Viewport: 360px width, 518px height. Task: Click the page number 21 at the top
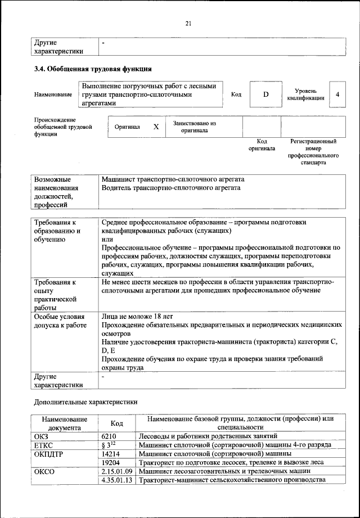click(x=188, y=22)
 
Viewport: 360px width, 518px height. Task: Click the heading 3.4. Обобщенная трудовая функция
click(x=93, y=70)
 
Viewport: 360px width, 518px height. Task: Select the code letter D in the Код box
click(x=265, y=94)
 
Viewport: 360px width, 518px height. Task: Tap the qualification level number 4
click(x=337, y=94)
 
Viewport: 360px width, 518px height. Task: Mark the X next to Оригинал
click(x=156, y=127)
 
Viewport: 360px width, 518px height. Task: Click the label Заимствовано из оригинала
click(x=194, y=127)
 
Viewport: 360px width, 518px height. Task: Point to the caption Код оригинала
click(x=262, y=145)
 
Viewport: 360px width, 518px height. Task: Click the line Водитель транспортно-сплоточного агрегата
click(x=171, y=188)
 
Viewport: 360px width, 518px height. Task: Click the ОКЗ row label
click(x=42, y=436)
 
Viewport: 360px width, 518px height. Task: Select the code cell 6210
click(x=110, y=436)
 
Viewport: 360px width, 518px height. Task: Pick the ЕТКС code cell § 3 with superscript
click(x=109, y=444)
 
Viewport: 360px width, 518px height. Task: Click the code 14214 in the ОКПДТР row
click(x=111, y=453)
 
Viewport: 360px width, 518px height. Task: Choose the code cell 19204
click(x=111, y=462)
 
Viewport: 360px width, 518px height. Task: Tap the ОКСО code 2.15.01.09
click(x=116, y=471)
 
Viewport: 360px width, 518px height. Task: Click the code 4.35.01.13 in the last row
click(x=116, y=480)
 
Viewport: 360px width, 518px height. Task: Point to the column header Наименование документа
click(x=64, y=423)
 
